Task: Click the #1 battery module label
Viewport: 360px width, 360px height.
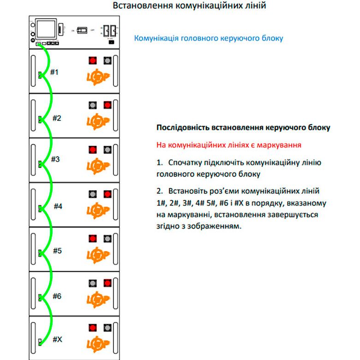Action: pyautogui.click(x=54, y=72)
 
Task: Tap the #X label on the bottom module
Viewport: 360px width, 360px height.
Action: pyautogui.click(x=57, y=339)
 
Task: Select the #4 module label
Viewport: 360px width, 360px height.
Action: pyautogui.click(x=58, y=206)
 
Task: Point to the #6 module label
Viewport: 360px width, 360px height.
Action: pyautogui.click(x=57, y=296)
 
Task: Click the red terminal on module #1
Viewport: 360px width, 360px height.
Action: pyautogui.click(x=92, y=60)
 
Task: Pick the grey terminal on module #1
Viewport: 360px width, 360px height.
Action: pyautogui.click(x=108, y=60)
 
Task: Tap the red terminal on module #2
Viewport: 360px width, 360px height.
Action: pyautogui.click(x=108, y=105)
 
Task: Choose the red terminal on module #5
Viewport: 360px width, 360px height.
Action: pyautogui.click(x=92, y=239)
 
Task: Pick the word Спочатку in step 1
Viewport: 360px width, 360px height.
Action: pyautogui.click(x=186, y=163)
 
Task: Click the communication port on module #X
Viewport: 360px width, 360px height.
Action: pyautogui.click(x=40, y=342)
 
